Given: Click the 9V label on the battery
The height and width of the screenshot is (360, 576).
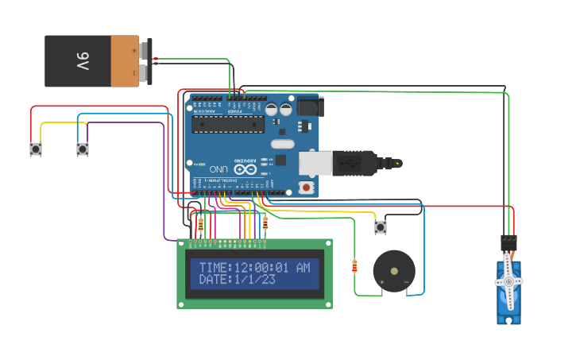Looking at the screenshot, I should point(83,61).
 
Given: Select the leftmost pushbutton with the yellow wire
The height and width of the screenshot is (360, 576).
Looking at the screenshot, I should point(36,149).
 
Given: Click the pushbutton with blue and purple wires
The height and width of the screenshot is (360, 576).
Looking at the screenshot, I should point(83,149).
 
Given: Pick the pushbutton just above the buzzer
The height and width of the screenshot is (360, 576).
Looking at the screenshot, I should point(381,227).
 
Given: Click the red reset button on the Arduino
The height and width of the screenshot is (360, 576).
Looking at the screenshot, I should point(306,187).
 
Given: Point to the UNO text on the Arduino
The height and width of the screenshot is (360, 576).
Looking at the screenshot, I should point(218,169).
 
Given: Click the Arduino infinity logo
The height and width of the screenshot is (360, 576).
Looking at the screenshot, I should point(245,169).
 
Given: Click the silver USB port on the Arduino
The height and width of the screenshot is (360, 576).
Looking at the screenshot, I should point(315,163).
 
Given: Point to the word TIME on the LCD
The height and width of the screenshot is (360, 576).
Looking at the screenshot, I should point(213,268).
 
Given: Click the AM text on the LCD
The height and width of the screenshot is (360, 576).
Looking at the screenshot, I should point(303,268).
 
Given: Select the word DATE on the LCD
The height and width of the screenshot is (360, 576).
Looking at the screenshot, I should point(213,280).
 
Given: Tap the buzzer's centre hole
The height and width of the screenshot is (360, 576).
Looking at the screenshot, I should point(394,271).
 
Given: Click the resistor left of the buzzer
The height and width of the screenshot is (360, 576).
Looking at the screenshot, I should point(354,266).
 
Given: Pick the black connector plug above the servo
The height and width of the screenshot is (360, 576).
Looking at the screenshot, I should point(509,242).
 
